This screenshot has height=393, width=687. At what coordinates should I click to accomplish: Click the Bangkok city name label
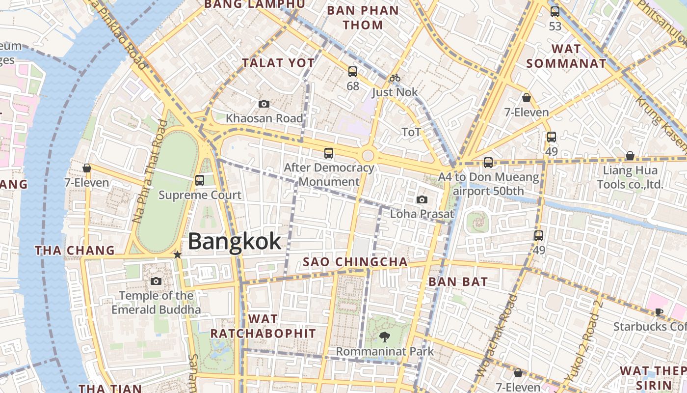tap(235, 242)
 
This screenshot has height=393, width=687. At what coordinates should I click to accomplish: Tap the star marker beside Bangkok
tap(178, 255)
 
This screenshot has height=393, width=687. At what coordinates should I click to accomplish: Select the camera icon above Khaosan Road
tap(264, 104)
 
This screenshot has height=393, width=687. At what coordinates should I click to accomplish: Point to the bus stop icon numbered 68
tap(353, 72)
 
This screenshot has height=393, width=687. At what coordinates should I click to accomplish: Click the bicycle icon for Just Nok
tap(395, 78)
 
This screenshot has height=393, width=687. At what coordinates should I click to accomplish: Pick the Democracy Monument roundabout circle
tap(368, 156)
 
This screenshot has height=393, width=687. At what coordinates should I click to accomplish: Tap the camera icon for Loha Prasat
tap(422, 199)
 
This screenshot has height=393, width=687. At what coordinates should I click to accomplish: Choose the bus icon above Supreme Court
tap(200, 180)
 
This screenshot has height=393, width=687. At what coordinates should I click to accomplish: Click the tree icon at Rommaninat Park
tap(385, 337)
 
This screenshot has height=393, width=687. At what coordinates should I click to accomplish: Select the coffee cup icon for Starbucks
tap(659, 312)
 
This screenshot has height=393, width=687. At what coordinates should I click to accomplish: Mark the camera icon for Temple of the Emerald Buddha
tap(156, 281)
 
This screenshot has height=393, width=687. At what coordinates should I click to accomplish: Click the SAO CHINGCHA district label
tap(355, 262)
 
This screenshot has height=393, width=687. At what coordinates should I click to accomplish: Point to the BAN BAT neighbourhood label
tap(458, 282)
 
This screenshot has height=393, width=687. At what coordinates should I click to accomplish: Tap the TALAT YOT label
tap(278, 63)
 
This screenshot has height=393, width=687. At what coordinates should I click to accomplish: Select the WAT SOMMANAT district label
tap(566, 56)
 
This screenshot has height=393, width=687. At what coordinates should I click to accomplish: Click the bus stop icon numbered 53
tap(555, 12)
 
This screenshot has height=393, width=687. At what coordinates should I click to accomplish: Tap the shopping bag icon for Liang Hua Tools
tap(630, 156)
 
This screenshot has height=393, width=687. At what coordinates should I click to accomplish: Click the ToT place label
tap(411, 132)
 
